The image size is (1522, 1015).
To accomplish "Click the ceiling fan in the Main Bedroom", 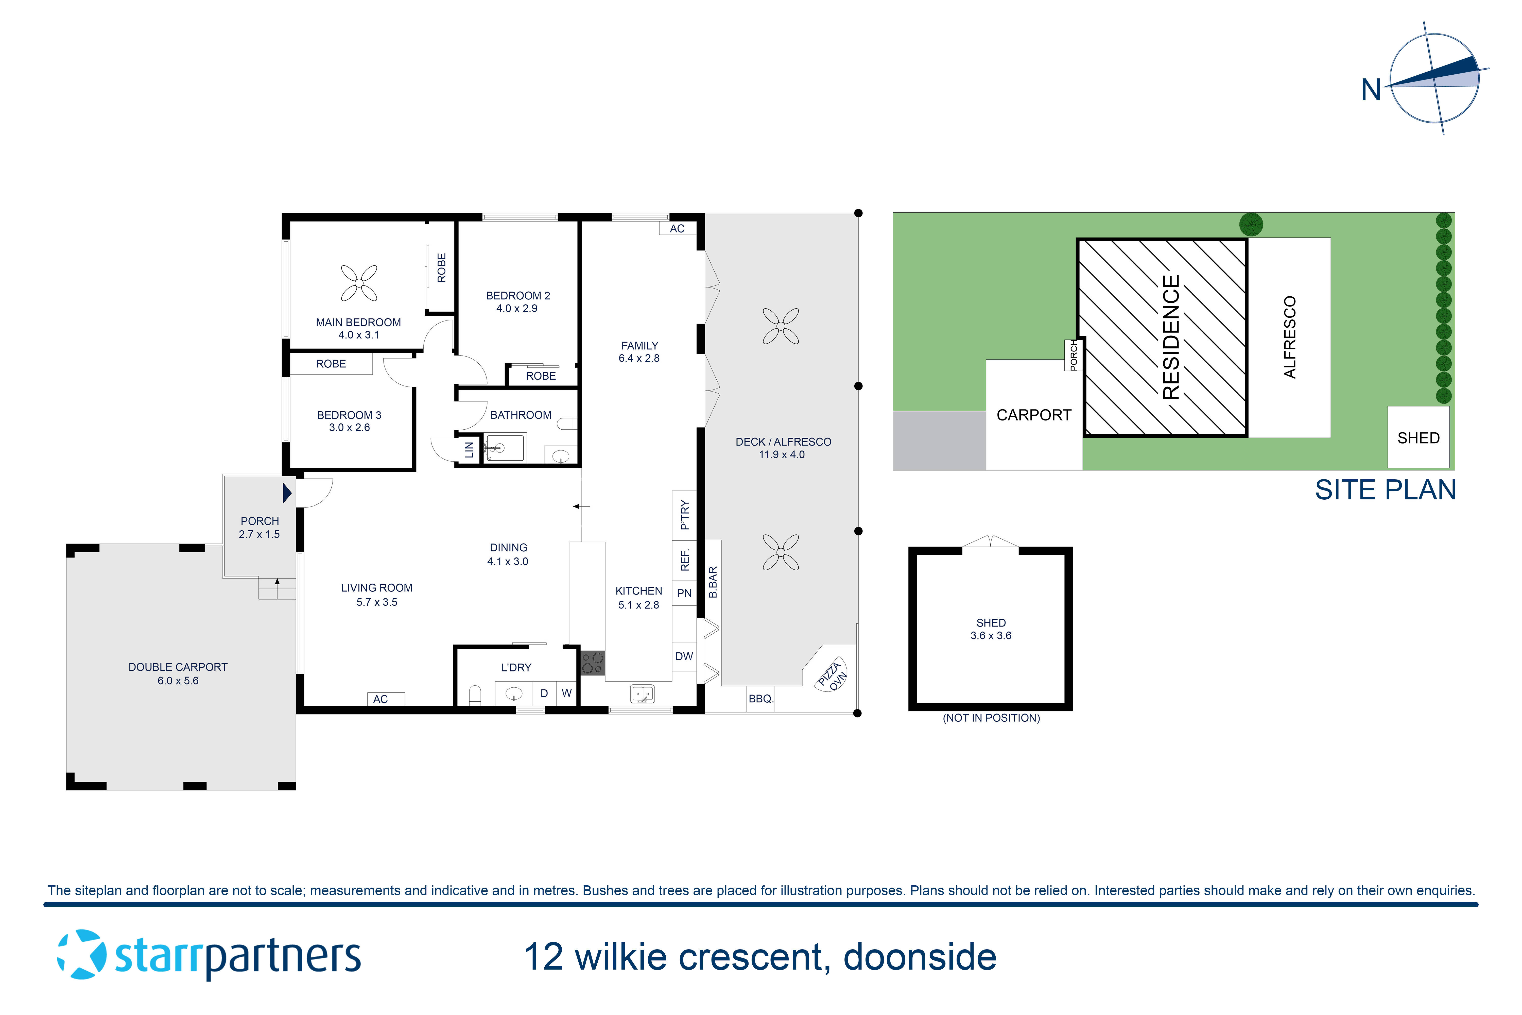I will (x=359, y=283).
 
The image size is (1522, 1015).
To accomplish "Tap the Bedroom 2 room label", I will (x=518, y=302).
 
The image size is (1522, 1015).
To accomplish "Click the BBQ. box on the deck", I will (x=760, y=699).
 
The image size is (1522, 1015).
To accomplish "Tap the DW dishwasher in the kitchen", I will (x=684, y=656).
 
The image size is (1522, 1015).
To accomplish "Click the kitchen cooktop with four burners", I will (x=592, y=663).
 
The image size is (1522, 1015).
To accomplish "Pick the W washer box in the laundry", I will (x=567, y=693).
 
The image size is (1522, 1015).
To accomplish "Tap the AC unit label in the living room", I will (x=380, y=699).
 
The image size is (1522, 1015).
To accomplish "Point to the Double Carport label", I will (x=178, y=673).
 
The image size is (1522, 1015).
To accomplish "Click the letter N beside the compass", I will (x=1371, y=90).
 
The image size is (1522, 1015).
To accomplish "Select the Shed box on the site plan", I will (x=1418, y=437).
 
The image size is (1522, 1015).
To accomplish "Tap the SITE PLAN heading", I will (x=1385, y=490).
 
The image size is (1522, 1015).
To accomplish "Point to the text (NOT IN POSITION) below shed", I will (x=991, y=718).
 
